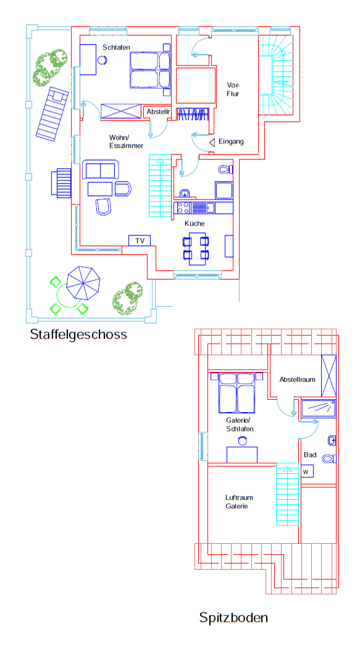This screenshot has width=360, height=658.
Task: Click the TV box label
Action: tap(140, 240)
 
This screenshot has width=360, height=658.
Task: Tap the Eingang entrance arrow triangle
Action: tap(212, 142)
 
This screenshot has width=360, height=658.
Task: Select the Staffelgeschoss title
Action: tap(78, 334)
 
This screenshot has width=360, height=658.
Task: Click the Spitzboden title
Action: tap(233, 618)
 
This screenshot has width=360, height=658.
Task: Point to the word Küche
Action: tap(195, 223)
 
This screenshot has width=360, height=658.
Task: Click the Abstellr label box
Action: tap(158, 112)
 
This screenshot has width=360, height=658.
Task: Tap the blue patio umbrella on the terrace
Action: tap(84, 283)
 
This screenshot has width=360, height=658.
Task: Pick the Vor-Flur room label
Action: tap(233, 90)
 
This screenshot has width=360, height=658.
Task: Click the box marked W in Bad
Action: tap(307, 471)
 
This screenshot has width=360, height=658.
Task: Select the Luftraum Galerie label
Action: tap(239, 502)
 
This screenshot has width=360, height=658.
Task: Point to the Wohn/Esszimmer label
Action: tap(126, 141)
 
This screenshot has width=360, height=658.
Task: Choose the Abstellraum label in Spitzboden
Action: tap(298, 379)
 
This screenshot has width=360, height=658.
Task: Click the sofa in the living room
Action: tap(100, 169)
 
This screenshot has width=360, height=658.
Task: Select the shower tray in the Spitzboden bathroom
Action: tap(319, 409)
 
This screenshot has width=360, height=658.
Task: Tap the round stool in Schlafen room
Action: tap(102, 59)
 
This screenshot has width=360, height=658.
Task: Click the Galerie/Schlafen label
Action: tap(240, 424)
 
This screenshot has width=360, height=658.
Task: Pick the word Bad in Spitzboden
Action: tap(310, 455)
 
